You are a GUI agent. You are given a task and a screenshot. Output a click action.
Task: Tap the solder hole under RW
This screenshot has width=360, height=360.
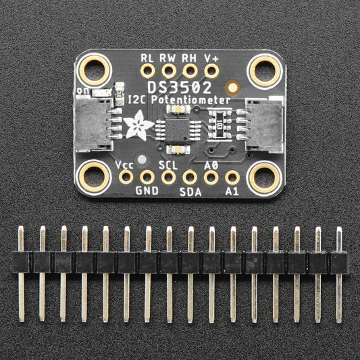pyautogui.click(x=169, y=70)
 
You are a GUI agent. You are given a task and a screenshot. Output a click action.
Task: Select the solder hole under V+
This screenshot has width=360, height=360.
pyautogui.click(x=212, y=70)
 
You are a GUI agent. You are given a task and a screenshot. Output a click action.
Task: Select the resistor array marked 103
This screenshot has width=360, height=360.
pyautogui.click(x=220, y=125)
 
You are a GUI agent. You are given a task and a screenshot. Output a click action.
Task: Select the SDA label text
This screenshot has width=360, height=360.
pyautogui.click(x=190, y=191)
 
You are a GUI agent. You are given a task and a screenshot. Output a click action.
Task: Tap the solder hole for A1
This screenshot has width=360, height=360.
pyautogui.click(x=233, y=178)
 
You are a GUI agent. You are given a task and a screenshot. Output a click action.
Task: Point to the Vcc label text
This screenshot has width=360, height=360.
pyautogui.click(x=124, y=165)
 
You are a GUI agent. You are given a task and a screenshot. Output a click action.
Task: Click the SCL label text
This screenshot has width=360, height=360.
pyautogui.click(x=168, y=165)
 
